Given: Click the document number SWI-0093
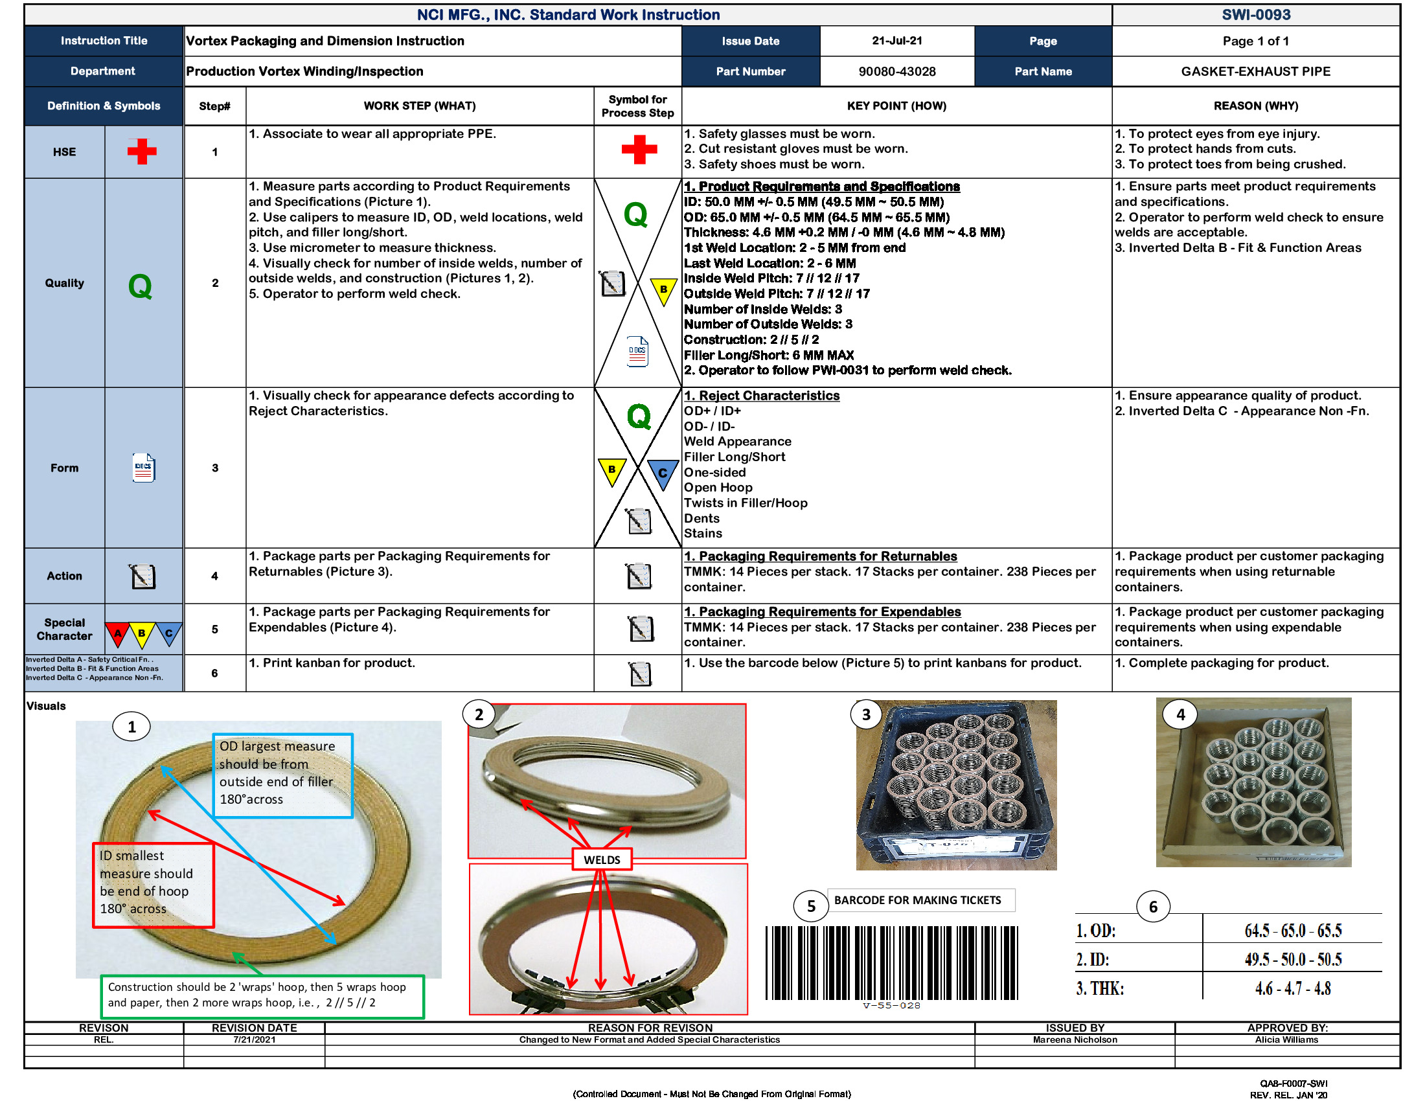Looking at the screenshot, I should coord(1255,14).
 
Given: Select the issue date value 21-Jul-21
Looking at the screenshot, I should coord(896,40).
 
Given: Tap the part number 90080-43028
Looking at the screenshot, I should coord(896,71).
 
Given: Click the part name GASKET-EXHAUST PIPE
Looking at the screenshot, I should coord(1255,71).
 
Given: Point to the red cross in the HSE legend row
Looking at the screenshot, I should coord(142,152).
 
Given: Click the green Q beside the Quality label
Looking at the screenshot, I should coord(140,286).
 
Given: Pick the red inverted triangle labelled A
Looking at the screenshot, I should coord(117,633).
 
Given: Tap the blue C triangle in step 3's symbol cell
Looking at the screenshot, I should coord(662,473).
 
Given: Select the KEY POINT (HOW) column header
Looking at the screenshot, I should coord(896,106).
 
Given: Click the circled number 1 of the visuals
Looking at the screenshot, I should coord(131,727).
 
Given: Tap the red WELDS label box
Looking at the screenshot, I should coord(602,859).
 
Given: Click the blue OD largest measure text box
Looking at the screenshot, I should coord(282,775).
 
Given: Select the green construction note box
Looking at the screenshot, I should coord(262,995).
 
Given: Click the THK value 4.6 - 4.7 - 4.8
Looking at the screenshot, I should coord(1292,988).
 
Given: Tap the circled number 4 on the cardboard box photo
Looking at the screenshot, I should coord(1180,715).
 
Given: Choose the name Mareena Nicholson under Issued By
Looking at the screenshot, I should coord(1074,1039).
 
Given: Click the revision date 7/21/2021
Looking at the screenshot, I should coord(254,1039).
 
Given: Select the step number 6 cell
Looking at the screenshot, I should coord(214,673).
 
